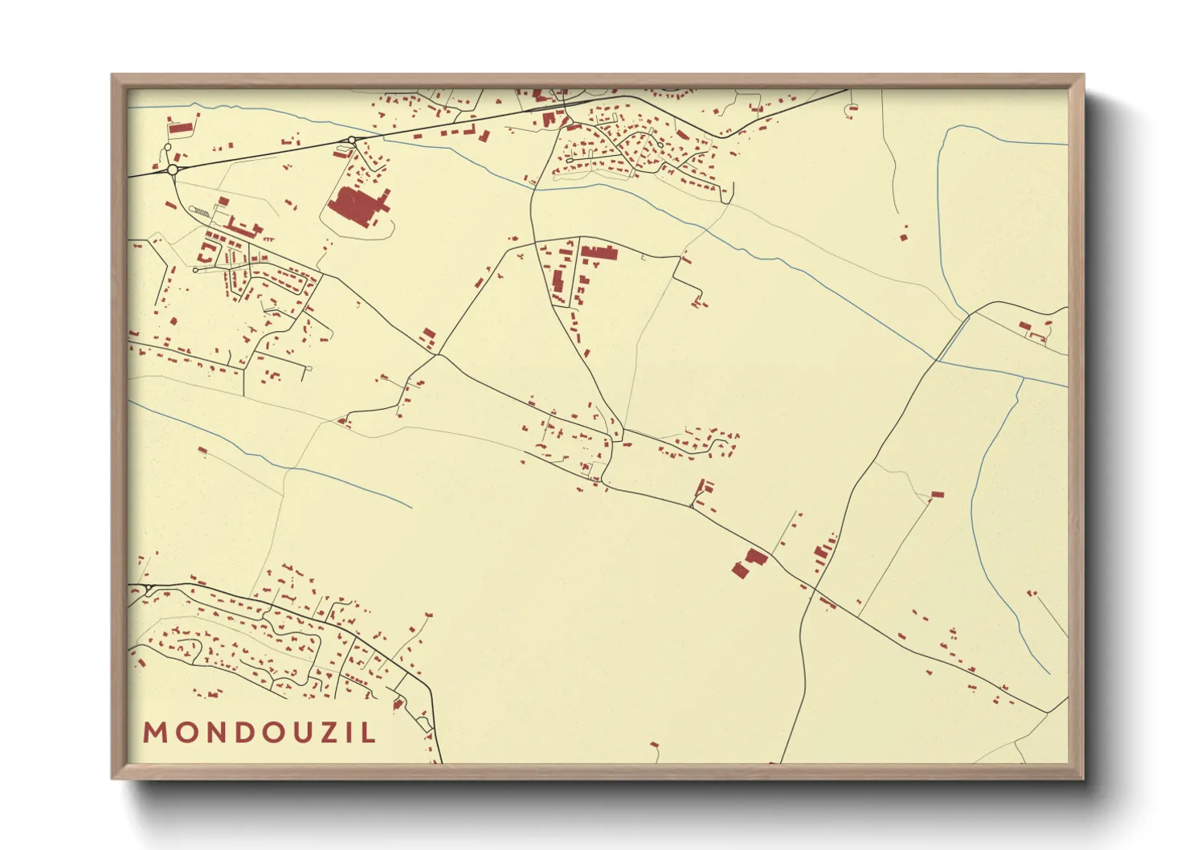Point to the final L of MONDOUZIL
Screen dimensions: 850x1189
(369, 733)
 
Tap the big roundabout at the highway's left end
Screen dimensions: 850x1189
(173, 170)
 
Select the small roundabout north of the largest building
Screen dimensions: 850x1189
(352, 141)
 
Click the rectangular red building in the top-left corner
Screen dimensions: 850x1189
(181, 127)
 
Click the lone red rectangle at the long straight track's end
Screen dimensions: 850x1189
(937, 495)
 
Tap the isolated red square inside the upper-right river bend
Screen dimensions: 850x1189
(903, 236)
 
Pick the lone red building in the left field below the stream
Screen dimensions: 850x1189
(202, 450)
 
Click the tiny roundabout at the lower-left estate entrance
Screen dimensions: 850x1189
(149, 591)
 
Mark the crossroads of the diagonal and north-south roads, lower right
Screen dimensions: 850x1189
(815, 591)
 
